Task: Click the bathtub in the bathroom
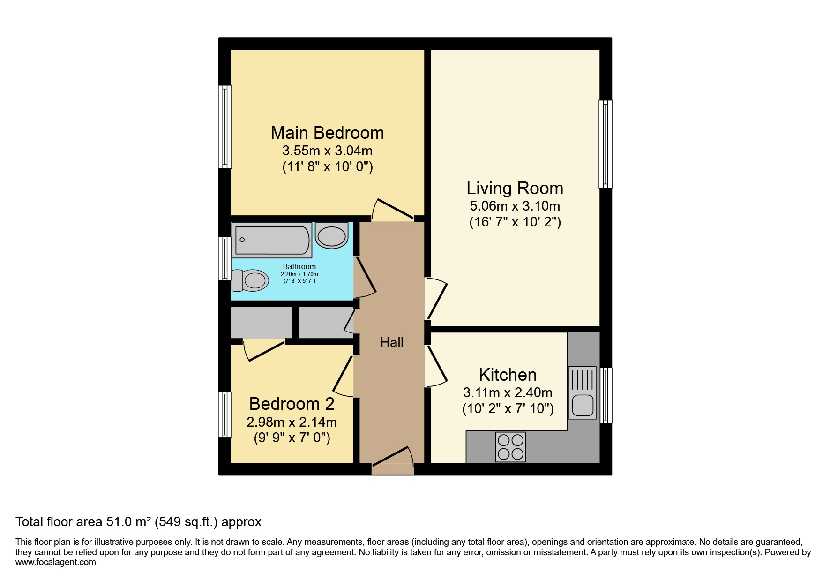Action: (x=272, y=240)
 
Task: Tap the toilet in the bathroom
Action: (x=251, y=280)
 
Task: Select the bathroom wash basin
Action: (x=331, y=235)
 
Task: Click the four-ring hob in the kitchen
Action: (x=510, y=447)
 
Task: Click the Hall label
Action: (x=391, y=343)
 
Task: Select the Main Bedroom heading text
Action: (x=327, y=133)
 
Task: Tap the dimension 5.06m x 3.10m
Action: (x=515, y=206)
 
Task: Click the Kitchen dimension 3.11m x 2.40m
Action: (x=508, y=392)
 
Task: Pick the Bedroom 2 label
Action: (x=292, y=404)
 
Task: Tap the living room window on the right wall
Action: (x=606, y=144)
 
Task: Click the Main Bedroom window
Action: (x=225, y=127)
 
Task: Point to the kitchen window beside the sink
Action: (x=606, y=395)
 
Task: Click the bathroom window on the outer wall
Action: (x=225, y=258)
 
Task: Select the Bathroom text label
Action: (x=299, y=266)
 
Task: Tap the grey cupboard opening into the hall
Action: (x=326, y=322)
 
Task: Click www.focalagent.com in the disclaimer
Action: (x=55, y=562)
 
